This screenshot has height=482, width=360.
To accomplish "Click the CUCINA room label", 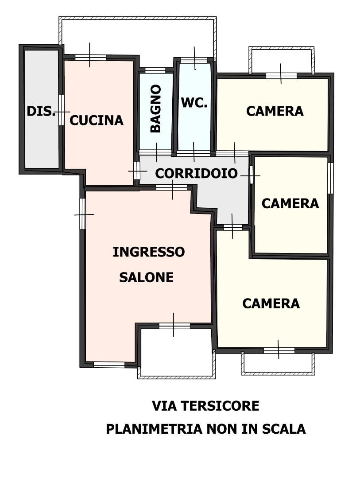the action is pyautogui.click(x=97, y=120).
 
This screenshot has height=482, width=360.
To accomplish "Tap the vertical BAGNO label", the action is pyautogui.click(x=156, y=109).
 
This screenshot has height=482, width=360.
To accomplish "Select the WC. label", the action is pyautogui.click(x=194, y=103).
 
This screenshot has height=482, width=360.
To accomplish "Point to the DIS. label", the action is pyautogui.click(x=41, y=111).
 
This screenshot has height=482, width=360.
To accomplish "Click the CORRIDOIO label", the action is pyautogui.click(x=197, y=173).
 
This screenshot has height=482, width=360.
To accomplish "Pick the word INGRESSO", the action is pyautogui.click(x=149, y=252).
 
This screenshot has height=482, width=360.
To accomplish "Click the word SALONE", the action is pyautogui.click(x=146, y=277).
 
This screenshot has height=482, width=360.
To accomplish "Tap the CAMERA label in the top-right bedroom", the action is pyautogui.click(x=275, y=111).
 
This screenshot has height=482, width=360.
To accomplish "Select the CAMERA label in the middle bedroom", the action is pyautogui.click(x=290, y=203).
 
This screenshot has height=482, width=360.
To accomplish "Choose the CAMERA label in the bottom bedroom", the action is pyautogui.click(x=271, y=303).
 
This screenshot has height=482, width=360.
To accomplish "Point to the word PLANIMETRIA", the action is pyautogui.click(x=155, y=429).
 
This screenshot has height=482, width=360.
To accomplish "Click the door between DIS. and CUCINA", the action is pyautogui.click(x=62, y=110).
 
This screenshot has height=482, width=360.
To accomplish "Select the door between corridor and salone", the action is pyautogui.click(x=172, y=187).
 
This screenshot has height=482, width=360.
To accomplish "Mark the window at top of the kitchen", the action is pyautogui.click(x=91, y=57).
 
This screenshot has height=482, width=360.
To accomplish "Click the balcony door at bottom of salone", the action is pyautogui.click(x=174, y=326).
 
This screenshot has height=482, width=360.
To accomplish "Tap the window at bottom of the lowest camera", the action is pyautogui.click(x=279, y=350).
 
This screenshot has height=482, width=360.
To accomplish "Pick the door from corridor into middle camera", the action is pyautogui.click(x=252, y=175).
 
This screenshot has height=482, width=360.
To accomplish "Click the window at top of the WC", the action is pyautogui.click(x=194, y=60).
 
